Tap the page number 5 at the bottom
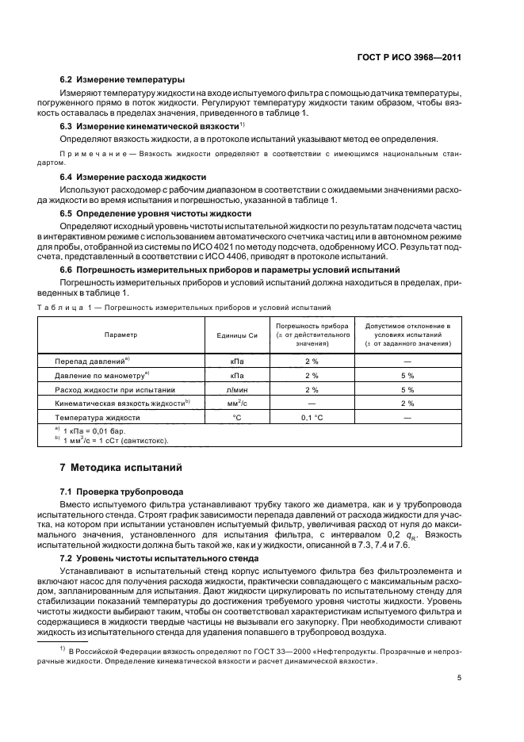click(x=460, y=678)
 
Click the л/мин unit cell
click(x=235, y=389)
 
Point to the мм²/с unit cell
click(x=235, y=403)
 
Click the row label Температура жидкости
click(x=98, y=417)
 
